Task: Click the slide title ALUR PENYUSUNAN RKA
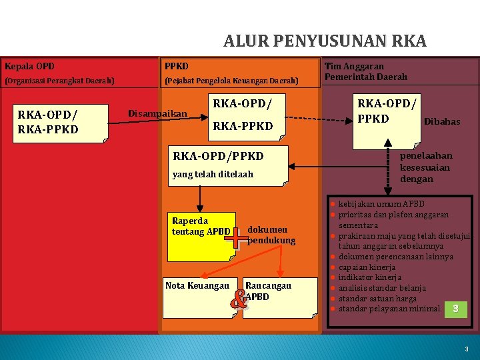pos(325,42)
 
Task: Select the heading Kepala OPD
pos(29,67)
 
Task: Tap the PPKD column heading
pos(177,67)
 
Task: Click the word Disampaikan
pos(157,113)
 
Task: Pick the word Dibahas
pos(441,122)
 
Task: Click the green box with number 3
pos(455,309)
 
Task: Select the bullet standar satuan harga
pos(377,299)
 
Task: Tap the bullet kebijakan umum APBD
pos(381,204)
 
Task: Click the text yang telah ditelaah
pos(213,175)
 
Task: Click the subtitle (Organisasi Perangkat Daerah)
pos(59,81)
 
